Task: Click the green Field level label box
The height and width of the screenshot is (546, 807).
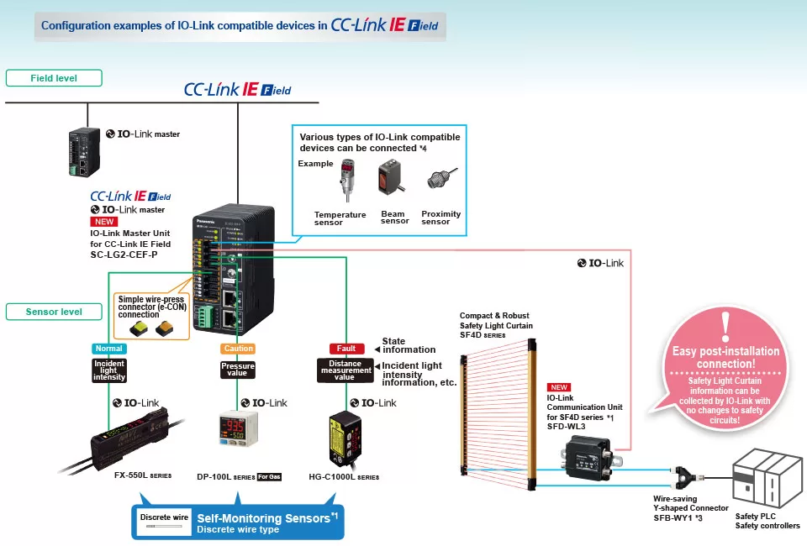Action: [x=54, y=78]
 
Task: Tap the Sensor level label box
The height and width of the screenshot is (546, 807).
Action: [x=55, y=312]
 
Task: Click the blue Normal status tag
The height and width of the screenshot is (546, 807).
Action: [x=108, y=349]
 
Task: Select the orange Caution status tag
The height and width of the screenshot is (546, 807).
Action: [x=237, y=349]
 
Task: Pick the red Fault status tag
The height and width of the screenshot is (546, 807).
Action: [x=345, y=349]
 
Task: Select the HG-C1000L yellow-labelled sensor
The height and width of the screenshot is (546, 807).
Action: [x=345, y=438]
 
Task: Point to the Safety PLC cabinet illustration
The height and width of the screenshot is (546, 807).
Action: [x=766, y=482]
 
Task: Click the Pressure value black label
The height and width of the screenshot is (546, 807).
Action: [x=237, y=370]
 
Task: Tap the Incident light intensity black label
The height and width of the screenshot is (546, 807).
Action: [x=109, y=370]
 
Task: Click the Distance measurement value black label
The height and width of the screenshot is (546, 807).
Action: [x=345, y=370]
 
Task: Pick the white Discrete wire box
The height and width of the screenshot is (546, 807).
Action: [x=164, y=521]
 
